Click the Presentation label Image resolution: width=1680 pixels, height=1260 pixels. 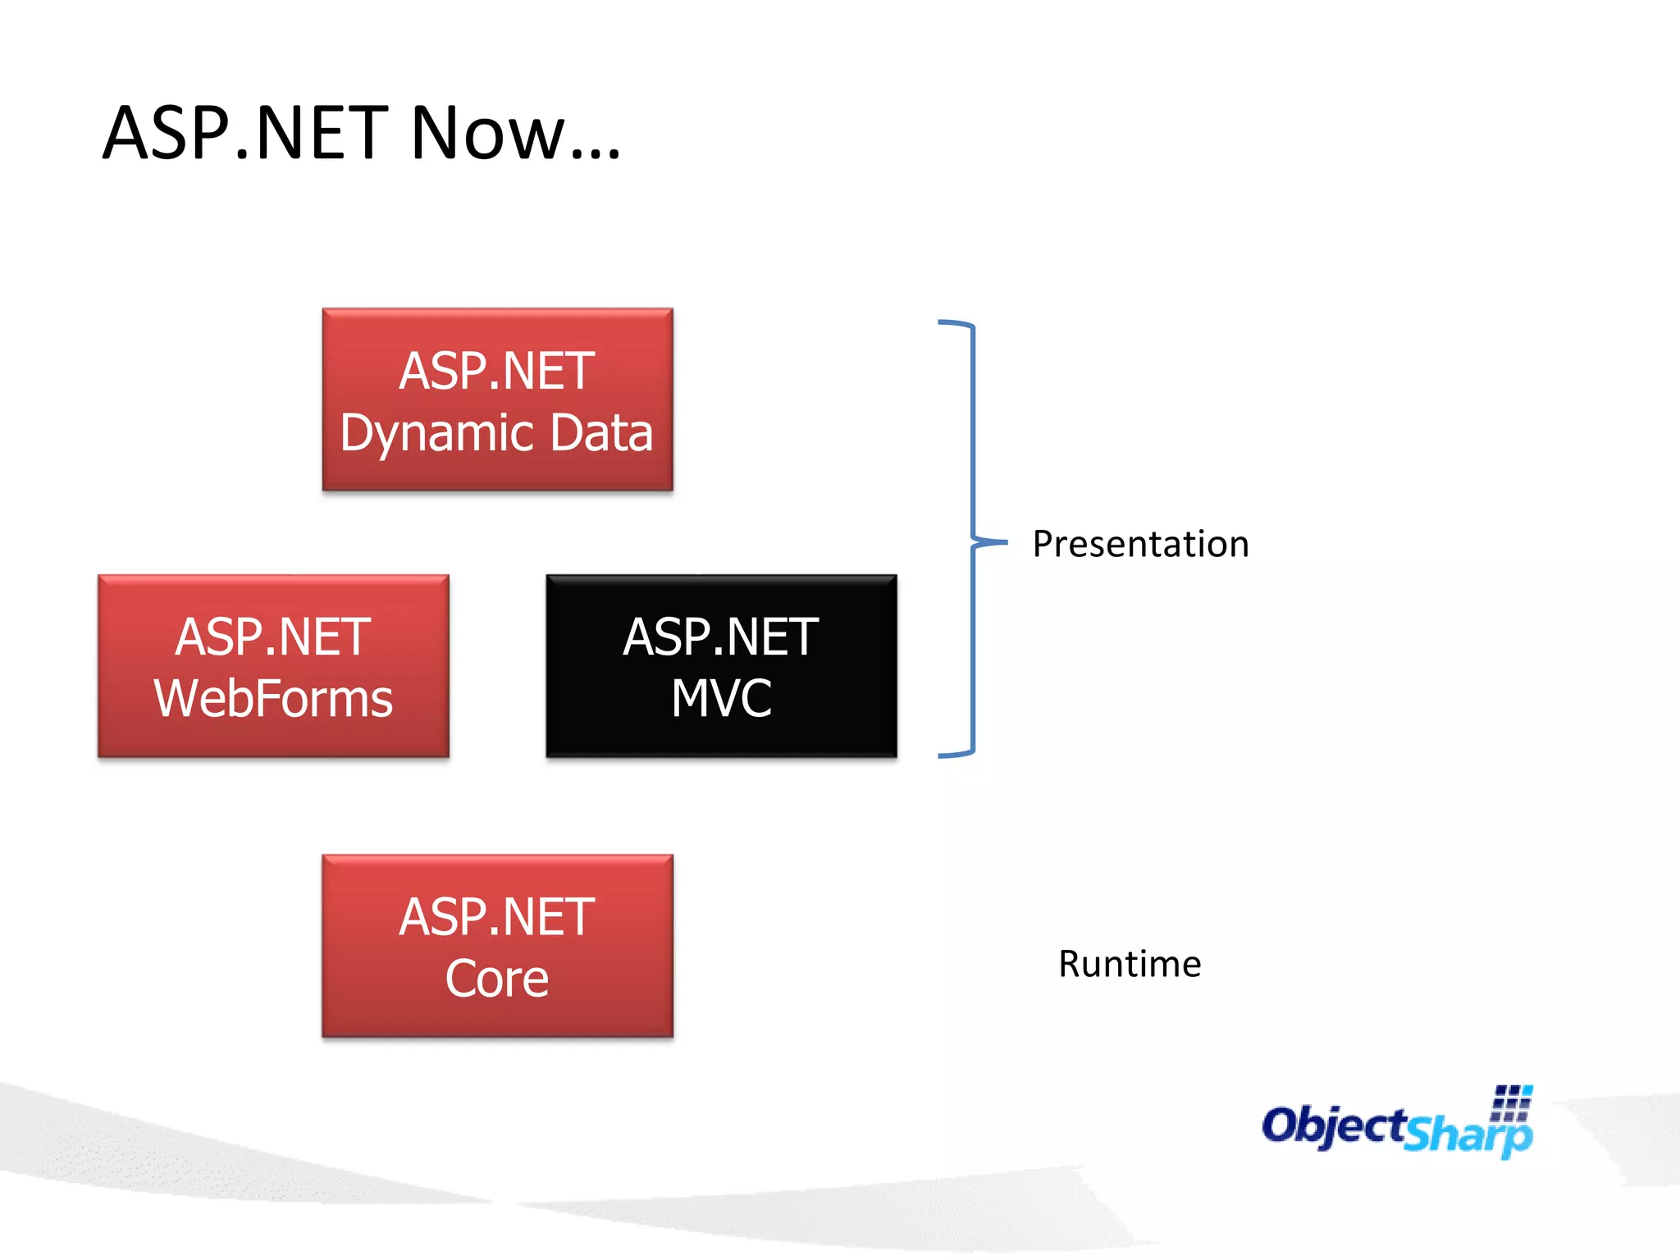tap(1140, 545)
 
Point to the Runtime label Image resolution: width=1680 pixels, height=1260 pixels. tap(1130, 965)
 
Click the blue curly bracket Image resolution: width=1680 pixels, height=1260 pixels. tap(972, 539)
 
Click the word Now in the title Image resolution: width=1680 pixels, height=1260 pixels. tap(487, 133)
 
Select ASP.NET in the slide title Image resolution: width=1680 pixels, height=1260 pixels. tap(245, 133)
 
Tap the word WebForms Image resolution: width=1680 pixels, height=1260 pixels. tap(273, 699)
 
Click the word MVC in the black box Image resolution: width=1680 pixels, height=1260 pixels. tap(721, 699)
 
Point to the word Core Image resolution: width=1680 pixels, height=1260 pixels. tap(497, 979)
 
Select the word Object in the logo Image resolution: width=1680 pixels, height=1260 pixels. tap(1334, 1125)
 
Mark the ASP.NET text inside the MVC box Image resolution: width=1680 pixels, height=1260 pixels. tap(721, 637)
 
